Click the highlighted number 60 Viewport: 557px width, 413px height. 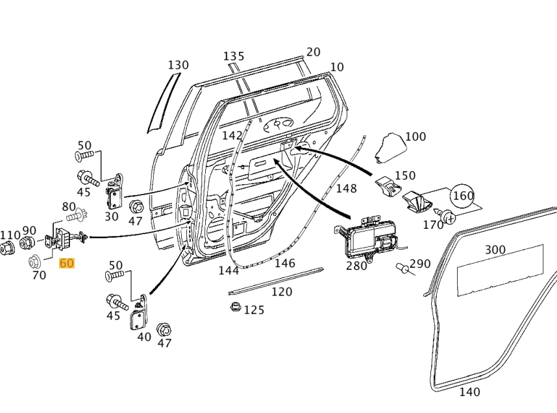click(67, 263)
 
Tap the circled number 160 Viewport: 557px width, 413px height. click(463, 195)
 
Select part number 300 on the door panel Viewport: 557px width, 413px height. click(495, 250)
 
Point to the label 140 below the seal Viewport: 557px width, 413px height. click(469, 392)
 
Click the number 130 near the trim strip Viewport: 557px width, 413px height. click(178, 65)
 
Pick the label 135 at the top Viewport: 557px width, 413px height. click(234, 56)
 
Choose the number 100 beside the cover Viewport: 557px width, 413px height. click(415, 137)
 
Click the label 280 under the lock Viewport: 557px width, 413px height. click(356, 266)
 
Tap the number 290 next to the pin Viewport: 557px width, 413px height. click(420, 264)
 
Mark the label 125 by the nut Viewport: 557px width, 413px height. click(254, 310)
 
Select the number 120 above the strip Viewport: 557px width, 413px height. click(281, 292)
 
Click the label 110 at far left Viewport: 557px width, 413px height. click(10, 235)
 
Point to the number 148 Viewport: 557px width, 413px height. click(346, 188)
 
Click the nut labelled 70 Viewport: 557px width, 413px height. click(36, 261)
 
